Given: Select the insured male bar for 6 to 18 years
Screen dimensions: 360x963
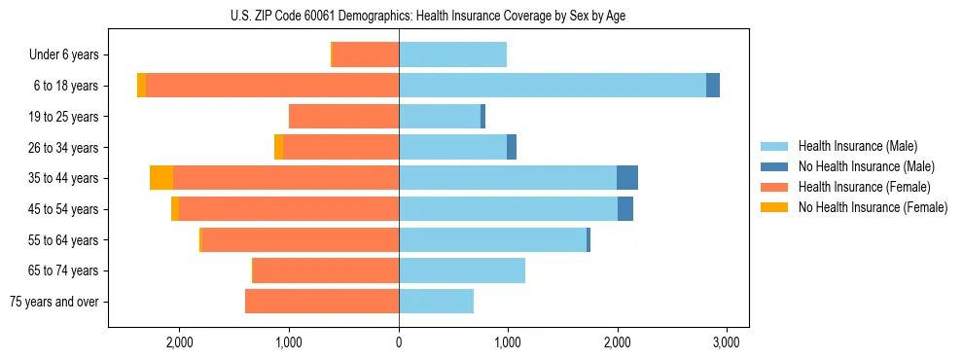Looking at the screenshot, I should click(552, 86).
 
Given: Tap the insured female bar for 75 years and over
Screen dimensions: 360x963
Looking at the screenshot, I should click(321, 302).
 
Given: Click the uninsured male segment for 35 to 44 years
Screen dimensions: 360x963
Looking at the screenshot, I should click(627, 178).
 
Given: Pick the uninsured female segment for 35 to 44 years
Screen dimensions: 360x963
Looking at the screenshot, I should click(161, 178).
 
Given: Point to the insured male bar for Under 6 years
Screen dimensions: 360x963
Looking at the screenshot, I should click(452, 55).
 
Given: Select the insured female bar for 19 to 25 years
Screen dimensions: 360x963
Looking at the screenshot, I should click(343, 117).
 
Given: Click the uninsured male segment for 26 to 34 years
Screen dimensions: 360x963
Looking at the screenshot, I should click(512, 147).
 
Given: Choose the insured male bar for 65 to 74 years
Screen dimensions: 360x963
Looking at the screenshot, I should click(462, 270).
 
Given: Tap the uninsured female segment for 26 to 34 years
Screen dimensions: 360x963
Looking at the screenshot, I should click(279, 147).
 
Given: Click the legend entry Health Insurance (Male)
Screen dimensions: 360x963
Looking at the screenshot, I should click(857, 146).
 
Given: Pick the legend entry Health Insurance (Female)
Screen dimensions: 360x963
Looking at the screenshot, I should click(864, 187).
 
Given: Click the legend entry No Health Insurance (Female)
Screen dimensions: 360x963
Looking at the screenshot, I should click(873, 207).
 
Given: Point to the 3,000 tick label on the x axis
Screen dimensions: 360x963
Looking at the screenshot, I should click(727, 342).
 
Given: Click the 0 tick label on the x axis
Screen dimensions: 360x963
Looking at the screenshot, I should click(399, 342).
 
